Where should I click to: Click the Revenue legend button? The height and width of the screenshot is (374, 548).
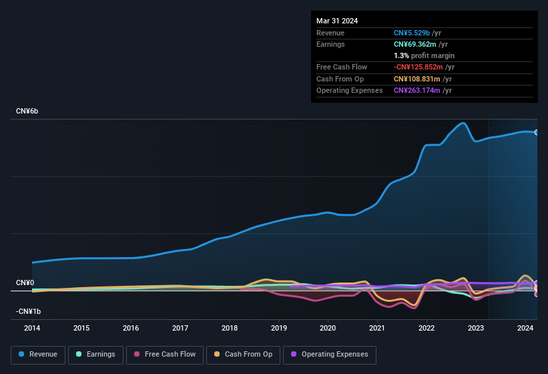(39, 354)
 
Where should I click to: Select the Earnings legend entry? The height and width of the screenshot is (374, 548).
(95, 354)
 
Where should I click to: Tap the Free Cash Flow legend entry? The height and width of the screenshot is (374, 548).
(165, 354)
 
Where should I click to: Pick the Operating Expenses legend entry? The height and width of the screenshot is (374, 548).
(330, 354)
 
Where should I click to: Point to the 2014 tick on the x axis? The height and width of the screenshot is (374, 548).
(32, 328)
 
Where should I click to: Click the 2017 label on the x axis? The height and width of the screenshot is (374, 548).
(180, 328)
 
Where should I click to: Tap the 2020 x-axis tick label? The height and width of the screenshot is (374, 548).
(328, 328)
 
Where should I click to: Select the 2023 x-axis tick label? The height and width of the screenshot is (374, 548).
(476, 328)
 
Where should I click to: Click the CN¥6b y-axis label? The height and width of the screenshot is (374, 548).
(27, 111)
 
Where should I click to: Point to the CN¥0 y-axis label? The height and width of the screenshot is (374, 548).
(25, 283)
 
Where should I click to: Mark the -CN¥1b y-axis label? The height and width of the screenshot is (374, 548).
(29, 312)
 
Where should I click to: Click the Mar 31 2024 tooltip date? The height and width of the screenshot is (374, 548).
(337, 21)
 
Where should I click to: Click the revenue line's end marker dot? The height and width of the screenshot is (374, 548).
(537, 132)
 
